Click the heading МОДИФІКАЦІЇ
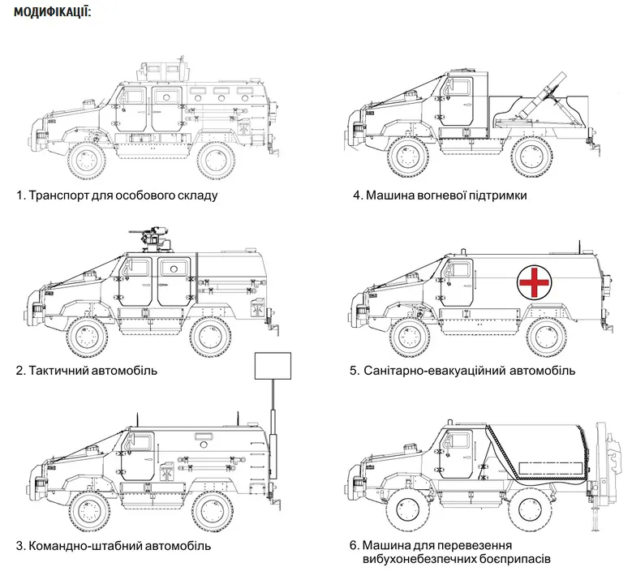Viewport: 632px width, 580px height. tap(52, 13)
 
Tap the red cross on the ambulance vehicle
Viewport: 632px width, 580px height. tap(534, 281)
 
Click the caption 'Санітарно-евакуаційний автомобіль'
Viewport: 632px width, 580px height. tap(462, 370)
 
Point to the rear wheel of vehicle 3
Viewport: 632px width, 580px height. tap(211, 509)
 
